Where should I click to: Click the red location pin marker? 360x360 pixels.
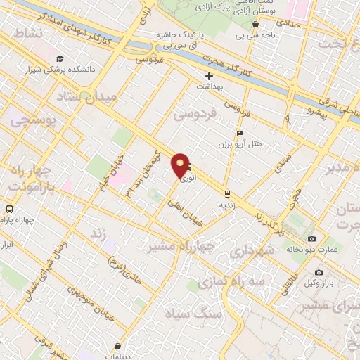(180, 165)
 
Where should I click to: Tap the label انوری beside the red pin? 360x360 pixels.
(188, 179)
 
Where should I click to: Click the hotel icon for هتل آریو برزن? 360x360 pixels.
(240, 134)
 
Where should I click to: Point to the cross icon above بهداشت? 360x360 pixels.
(209, 76)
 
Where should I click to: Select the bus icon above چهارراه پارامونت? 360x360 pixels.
(9, 209)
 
